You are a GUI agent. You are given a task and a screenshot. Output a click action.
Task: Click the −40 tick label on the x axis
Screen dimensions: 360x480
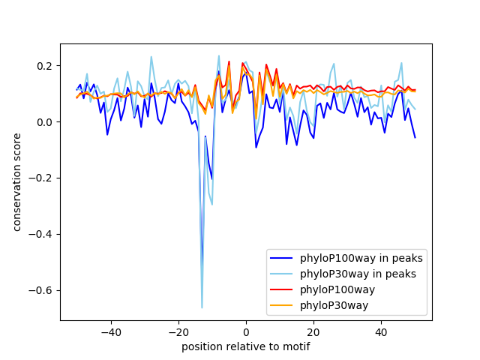pyautogui.click(x=110, y=331)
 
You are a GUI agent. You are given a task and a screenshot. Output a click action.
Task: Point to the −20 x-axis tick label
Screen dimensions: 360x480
pyautogui.click(x=178, y=331)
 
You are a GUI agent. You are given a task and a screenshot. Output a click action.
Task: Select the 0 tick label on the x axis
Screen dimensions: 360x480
pyautogui.click(x=246, y=331)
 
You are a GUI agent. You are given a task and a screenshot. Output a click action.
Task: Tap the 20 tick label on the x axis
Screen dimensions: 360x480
pyautogui.click(x=313, y=331)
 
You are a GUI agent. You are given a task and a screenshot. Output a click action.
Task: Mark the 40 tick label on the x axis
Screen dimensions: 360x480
pyautogui.click(x=381, y=331)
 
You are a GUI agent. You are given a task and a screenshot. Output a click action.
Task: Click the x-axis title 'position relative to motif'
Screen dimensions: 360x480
pyautogui.click(x=245, y=346)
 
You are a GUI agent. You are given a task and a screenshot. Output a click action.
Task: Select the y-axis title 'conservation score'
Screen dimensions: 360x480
pyautogui.click(x=16, y=182)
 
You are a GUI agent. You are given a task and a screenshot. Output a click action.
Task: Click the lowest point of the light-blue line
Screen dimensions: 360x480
pyautogui.click(x=202, y=307)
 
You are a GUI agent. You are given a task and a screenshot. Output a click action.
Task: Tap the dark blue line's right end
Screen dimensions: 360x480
pyautogui.click(x=415, y=137)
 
